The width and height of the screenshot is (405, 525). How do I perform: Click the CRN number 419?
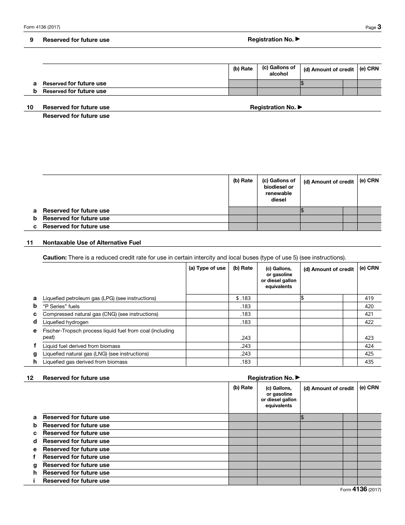(x=369, y=298)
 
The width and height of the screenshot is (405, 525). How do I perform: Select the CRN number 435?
(x=369, y=362)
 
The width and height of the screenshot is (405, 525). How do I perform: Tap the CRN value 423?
(x=369, y=338)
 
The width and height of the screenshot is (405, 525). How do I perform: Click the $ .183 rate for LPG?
(x=243, y=298)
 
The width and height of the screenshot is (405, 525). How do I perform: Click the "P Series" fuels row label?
(x=61, y=306)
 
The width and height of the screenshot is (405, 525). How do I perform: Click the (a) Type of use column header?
(x=207, y=268)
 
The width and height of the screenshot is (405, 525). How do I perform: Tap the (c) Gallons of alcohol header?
(x=279, y=70)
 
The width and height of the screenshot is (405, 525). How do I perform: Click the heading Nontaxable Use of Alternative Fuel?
(x=92, y=242)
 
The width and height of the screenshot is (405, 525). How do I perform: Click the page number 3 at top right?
(x=379, y=27)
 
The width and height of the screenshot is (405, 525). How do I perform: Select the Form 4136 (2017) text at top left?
(x=42, y=27)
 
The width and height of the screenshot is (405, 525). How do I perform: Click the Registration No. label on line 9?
(x=270, y=40)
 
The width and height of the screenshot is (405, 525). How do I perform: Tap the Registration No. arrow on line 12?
(x=298, y=377)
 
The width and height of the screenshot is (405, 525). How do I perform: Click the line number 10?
(x=30, y=108)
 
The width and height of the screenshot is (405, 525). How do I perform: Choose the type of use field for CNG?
(x=207, y=314)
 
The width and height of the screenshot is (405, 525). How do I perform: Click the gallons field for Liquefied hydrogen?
(x=279, y=322)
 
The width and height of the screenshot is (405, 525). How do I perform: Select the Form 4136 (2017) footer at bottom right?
(x=360, y=490)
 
